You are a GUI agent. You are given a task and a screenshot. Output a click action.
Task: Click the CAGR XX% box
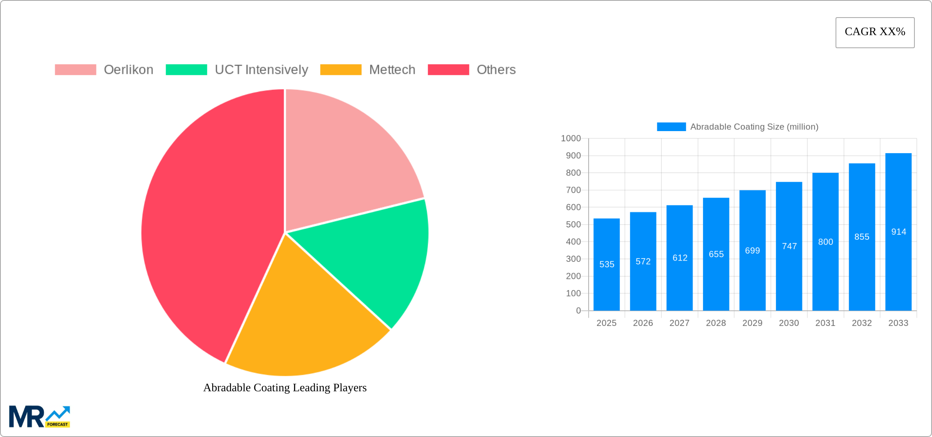(875, 32)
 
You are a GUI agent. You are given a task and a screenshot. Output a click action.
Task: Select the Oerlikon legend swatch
(75, 70)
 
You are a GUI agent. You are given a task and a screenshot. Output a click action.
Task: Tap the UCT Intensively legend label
(261, 70)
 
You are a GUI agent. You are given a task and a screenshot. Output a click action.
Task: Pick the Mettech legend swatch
(341, 70)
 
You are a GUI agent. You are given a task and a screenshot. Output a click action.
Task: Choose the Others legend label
(496, 70)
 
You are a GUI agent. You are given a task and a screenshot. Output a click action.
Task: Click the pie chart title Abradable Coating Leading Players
(285, 388)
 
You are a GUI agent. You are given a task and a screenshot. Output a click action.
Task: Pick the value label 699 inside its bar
(752, 251)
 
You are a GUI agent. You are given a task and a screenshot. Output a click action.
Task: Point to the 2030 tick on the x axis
(789, 323)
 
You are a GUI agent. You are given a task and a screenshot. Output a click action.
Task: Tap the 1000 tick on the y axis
(571, 138)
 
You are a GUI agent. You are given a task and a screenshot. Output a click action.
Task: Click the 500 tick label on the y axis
(573, 225)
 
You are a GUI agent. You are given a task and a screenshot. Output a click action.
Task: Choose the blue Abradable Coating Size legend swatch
(671, 127)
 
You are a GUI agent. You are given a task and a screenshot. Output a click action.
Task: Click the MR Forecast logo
(40, 417)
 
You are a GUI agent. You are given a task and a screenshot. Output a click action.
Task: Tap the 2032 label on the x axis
(862, 323)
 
